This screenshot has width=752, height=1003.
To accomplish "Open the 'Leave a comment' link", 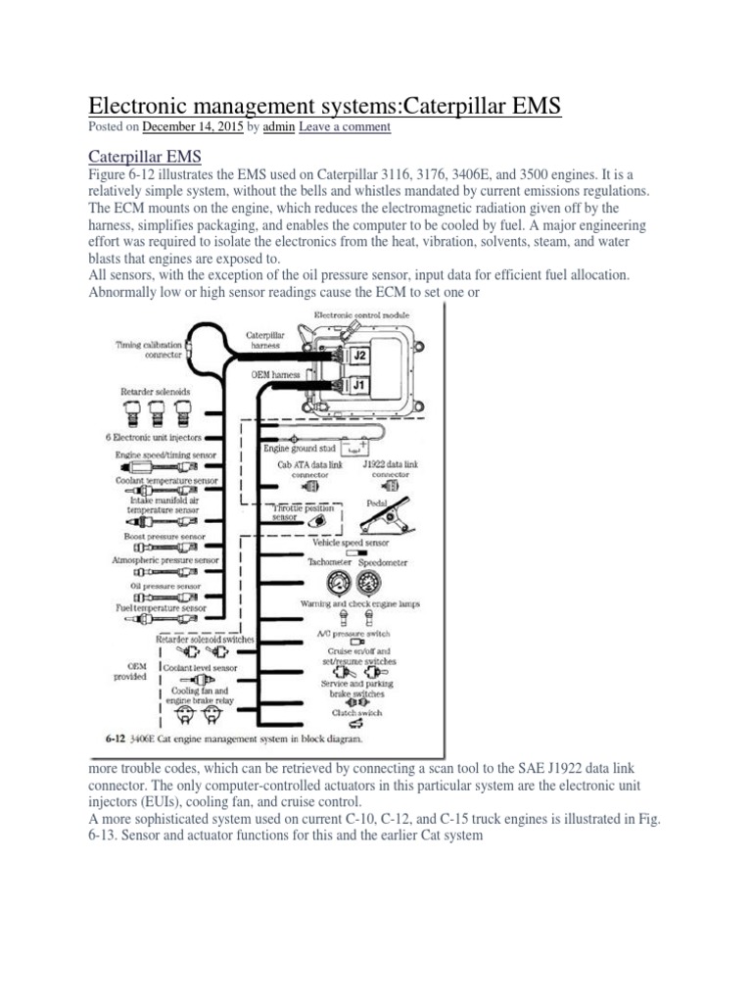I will [x=345, y=127].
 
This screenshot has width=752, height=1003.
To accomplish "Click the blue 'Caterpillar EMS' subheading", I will [x=143, y=156].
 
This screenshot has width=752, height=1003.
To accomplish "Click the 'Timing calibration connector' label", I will [x=150, y=350].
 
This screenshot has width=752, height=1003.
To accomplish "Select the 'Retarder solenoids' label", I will [x=155, y=391].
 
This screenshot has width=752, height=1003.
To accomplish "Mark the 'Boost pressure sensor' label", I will [x=164, y=537].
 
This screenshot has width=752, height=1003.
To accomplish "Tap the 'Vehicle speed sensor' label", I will [x=350, y=542].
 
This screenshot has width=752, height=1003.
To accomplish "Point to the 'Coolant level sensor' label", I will [x=201, y=665].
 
